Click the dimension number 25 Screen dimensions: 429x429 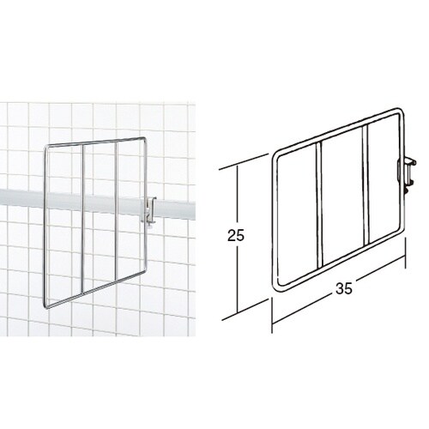(x=236, y=235)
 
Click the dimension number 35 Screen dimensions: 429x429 (x=344, y=289)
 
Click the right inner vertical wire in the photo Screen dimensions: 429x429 (x=117, y=213)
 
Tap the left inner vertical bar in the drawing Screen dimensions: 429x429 (x=319, y=206)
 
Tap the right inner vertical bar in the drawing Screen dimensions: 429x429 (x=366, y=185)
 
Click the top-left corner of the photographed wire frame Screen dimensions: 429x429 (x=46, y=147)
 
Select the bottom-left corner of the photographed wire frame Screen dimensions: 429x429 (x=46, y=307)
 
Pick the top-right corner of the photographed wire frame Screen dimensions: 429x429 (x=145, y=139)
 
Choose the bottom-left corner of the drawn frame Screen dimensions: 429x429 (x=275, y=288)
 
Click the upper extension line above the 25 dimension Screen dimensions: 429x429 (x=244, y=162)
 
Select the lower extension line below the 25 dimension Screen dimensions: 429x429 (x=245, y=310)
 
